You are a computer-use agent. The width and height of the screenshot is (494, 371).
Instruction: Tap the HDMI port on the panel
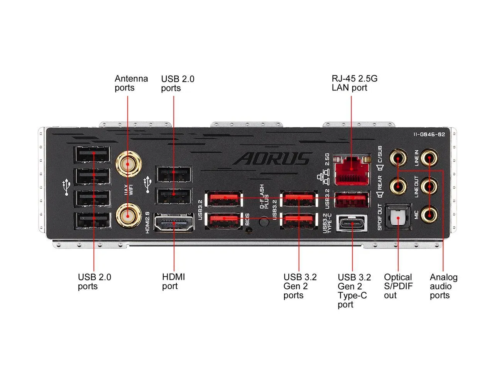(x=174, y=223)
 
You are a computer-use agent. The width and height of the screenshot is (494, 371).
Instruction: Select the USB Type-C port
(x=352, y=223)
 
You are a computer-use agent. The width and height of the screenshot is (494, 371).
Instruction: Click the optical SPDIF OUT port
(x=398, y=217)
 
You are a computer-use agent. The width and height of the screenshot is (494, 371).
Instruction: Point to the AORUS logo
(x=273, y=158)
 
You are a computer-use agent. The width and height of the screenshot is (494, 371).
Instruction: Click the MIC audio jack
(x=429, y=214)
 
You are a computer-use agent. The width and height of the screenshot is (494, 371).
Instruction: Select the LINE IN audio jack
(x=429, y=158)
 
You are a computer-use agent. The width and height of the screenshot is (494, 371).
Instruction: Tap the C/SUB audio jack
(x=398, y=158)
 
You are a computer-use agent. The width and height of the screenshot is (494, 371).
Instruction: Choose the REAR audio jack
(x=398, y=186)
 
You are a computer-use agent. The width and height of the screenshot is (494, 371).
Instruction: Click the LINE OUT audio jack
(x=429, y=186)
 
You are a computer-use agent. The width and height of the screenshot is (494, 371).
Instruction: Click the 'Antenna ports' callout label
(x=131, y=83)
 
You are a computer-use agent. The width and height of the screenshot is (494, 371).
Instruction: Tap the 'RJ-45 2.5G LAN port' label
(x=354, y=83)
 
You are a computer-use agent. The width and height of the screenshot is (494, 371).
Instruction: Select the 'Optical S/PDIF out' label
(x=398, y=286)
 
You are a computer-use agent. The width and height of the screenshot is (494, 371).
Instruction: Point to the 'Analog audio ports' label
(x=443, y=286)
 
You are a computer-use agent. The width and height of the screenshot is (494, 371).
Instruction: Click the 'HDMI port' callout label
(x=173, y=282)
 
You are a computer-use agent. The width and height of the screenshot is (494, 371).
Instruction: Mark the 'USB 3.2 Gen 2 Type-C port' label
(x=354, y=291)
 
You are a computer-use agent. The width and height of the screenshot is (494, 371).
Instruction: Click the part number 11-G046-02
(x=429, y=134)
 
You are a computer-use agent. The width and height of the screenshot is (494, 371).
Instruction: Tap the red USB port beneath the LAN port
(x=351, y=199)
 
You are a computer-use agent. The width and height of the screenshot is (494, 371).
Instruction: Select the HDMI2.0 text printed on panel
(x=147, y=222)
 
